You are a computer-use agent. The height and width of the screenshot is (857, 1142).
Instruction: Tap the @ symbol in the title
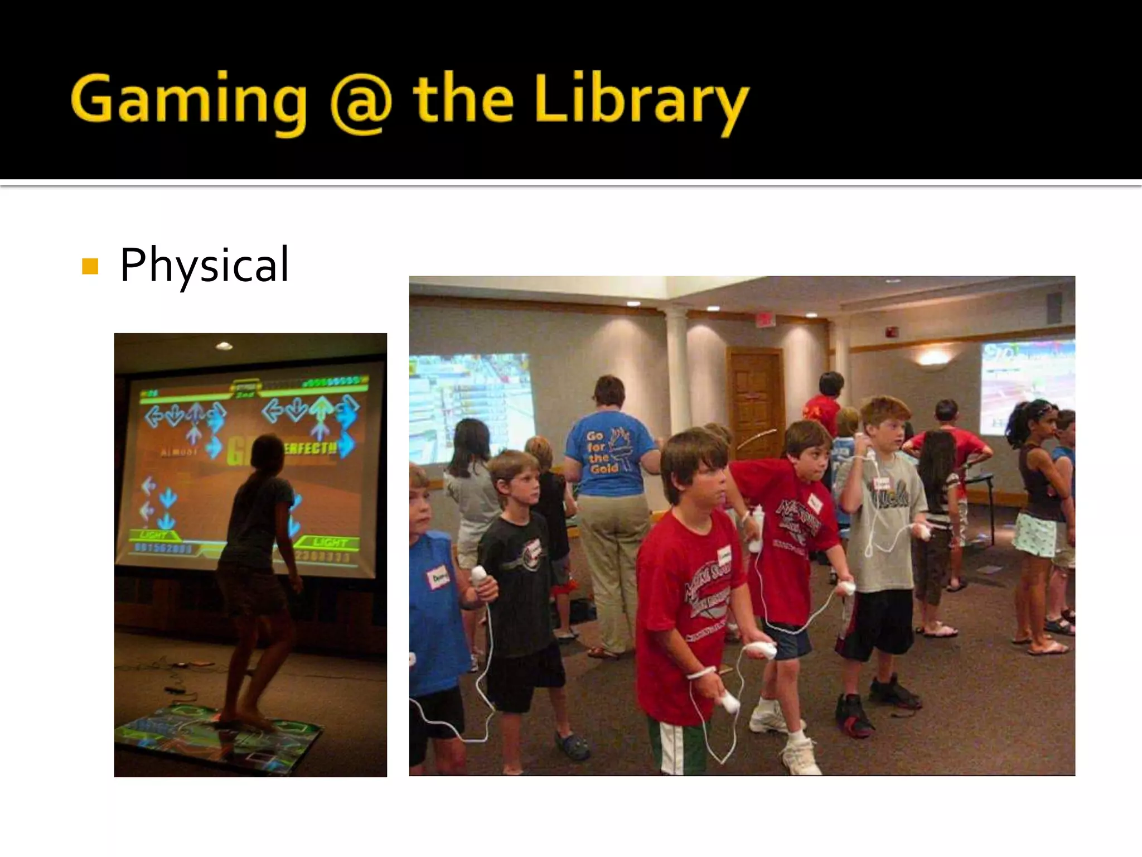(361, 103)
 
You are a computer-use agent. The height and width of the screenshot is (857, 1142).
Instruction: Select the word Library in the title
(641, 101)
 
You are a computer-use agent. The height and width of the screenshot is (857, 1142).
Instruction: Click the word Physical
(204, 264)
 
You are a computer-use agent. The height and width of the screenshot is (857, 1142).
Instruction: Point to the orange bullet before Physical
(90, 266)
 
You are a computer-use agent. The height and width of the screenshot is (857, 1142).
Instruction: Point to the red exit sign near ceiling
(765, 319)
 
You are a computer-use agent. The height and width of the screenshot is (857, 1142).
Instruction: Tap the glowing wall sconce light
(933, 358)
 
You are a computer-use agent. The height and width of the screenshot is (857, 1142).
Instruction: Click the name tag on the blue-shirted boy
(438, 578)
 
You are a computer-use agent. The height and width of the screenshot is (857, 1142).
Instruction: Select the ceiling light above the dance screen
(224, 346)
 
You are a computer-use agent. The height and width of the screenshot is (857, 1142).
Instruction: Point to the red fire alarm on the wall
(891, 333)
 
